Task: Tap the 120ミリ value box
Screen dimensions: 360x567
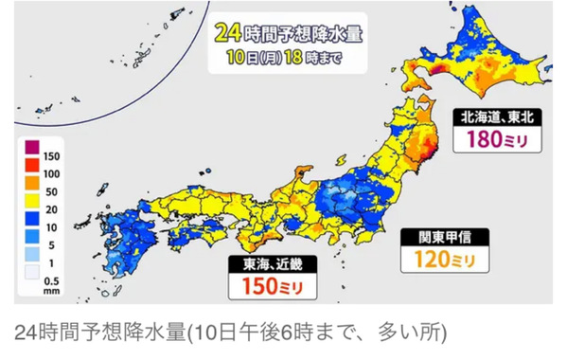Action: click(442, 257)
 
